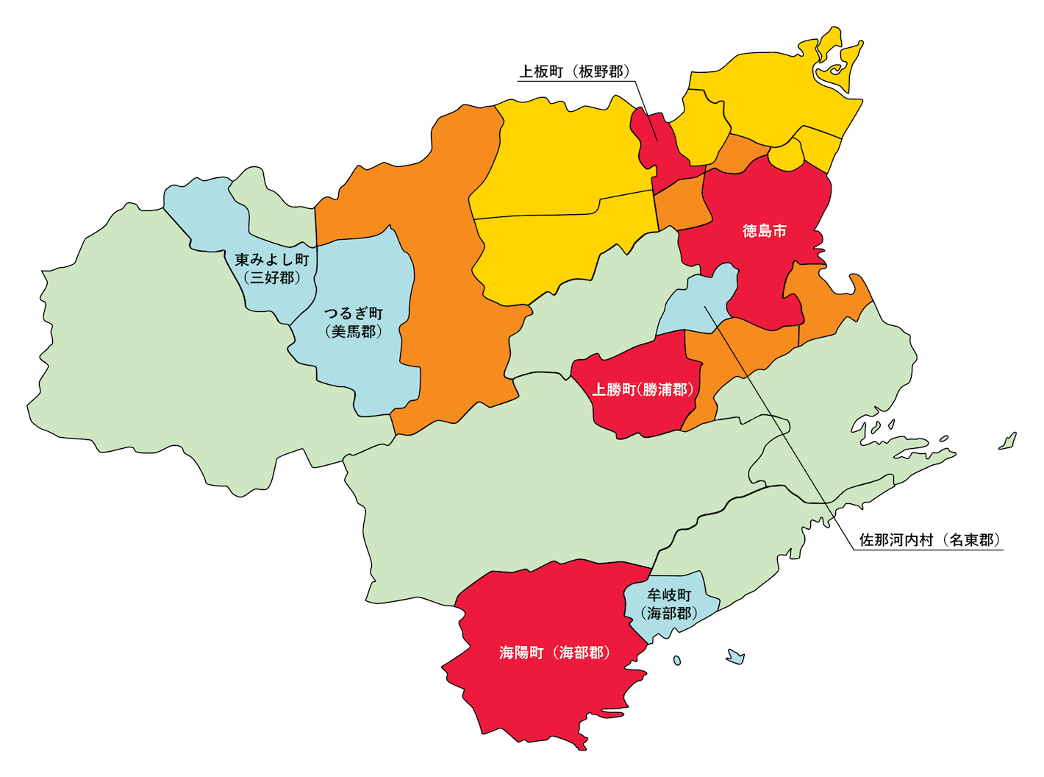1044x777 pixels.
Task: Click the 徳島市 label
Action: coord(764,231)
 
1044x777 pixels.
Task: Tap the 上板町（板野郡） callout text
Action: coord(574,71)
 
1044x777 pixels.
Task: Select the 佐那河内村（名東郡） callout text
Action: coord(929,540)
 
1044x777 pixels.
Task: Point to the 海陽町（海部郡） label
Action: coord(554,653)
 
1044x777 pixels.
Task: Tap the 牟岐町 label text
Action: coord(669,595)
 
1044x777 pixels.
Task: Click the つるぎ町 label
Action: coord(354,314)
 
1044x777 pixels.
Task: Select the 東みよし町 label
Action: coord(272,260)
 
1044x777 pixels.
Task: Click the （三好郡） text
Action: coord(272,278)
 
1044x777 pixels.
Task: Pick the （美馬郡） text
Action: coord(354,332)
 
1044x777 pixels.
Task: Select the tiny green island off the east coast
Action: coord(1008,441)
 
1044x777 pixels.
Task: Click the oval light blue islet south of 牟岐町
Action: coord(677,661)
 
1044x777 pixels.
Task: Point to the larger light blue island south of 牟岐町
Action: coord(734,656)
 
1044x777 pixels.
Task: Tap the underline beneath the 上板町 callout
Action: coord(573,80)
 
